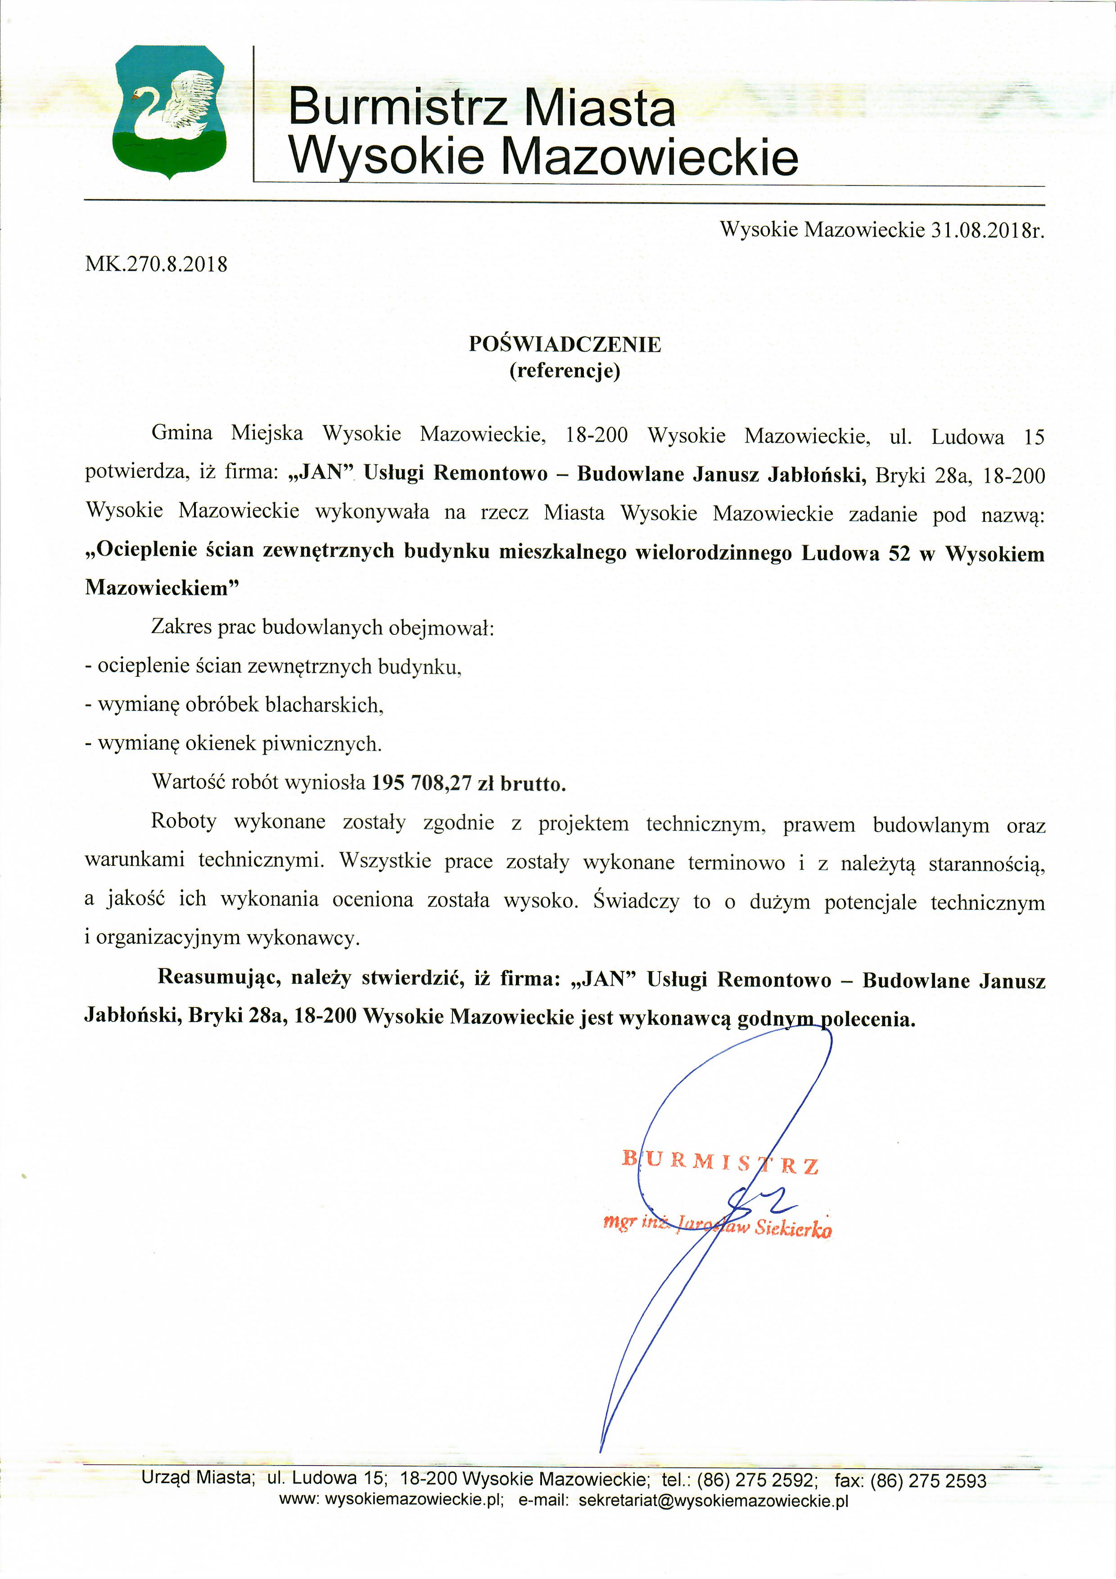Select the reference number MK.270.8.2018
(156, 264)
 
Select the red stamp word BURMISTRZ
(721, 1162)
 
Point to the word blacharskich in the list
(323, 705)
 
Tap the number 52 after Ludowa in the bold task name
(899, 554)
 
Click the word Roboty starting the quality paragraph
(184, 821)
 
